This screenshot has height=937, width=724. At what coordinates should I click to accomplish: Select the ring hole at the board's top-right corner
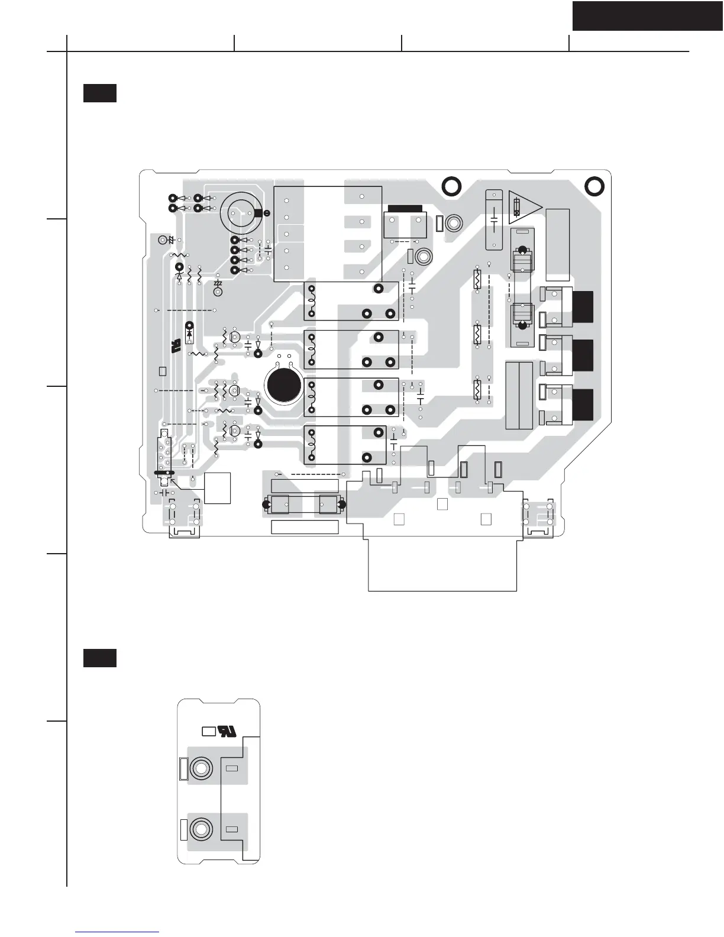click(594, 186)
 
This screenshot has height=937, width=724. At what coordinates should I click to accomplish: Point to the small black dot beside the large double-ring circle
click(267, 213)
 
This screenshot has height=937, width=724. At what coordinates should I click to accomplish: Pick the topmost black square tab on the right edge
click(583, 307)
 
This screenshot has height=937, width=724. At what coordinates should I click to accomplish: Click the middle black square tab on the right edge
click(583, 355)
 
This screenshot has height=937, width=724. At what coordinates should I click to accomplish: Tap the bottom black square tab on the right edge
click(583, 405)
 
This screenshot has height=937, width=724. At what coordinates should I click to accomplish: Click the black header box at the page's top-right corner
click(648, 15)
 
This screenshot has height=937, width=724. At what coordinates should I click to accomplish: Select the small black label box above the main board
click(99, 93)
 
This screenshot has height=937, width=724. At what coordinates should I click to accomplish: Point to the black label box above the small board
click(99, 658)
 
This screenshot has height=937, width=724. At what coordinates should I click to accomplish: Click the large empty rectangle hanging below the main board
click(442, 565)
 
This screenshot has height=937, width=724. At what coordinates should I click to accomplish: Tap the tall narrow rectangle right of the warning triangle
click(558, 244)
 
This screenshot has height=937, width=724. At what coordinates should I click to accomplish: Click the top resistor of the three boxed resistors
click(477, 279)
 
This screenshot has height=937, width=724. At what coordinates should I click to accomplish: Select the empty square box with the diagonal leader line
click(217, 488)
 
